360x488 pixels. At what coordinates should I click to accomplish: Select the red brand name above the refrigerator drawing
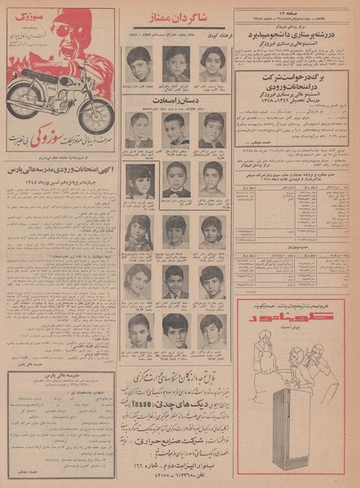click(302, 314)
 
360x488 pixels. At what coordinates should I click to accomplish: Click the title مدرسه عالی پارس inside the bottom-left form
click(62, 380)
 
